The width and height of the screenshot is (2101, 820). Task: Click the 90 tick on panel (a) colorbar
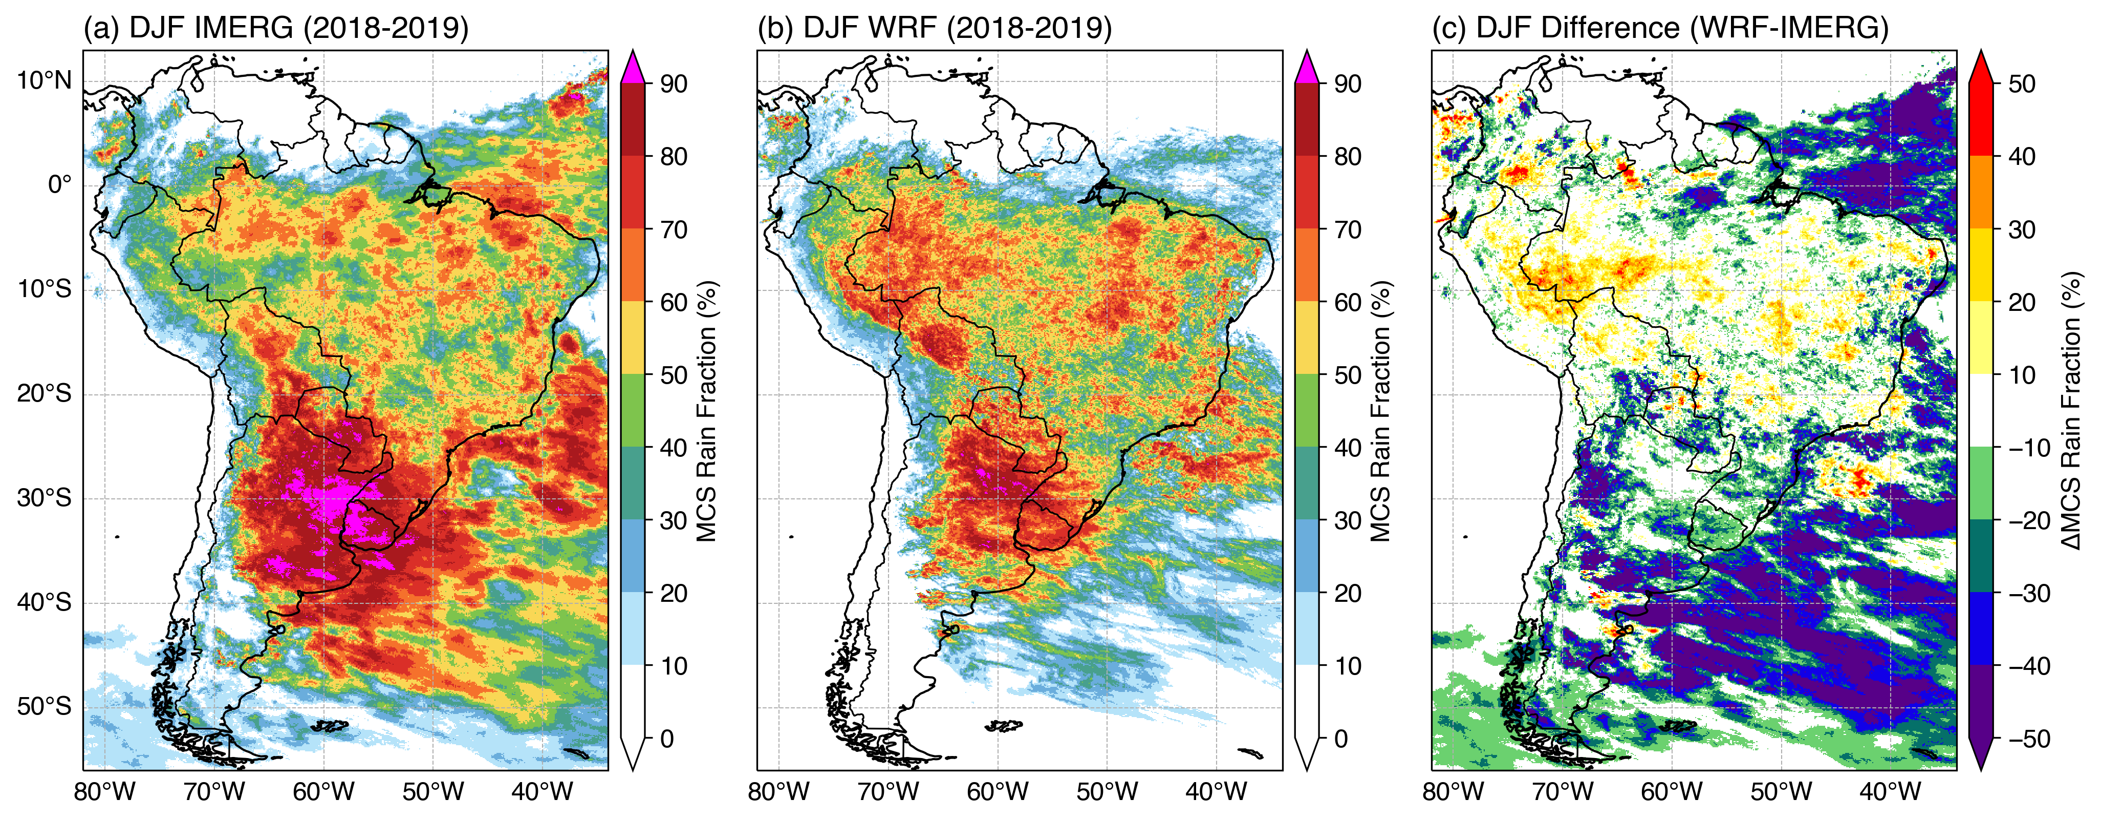click(x=674, y=84)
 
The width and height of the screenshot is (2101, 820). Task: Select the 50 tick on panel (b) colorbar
click(x=1348, y=375)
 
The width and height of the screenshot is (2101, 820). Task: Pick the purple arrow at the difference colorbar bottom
click(x=1981, y=755)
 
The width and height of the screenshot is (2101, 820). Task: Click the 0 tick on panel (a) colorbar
click(x=667, y=739)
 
